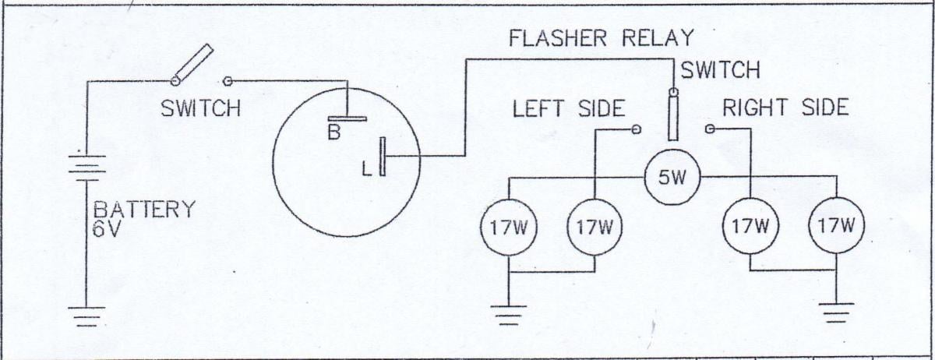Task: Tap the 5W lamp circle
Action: click(x=672, y=178)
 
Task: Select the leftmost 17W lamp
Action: click(x=509, y=227)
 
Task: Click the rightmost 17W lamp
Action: click(x=836, y=227)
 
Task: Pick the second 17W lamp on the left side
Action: click(x=595, y=227)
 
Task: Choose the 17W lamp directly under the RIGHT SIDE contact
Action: click(x=750, y=227)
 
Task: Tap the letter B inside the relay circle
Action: click(x=333, y=133)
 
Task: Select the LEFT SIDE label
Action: click(x=568, y=108)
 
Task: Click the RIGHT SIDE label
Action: click(x=785, y=108)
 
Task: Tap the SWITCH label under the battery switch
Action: click(x=200, y=108)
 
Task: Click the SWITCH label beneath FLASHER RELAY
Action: click(x=720, y=71)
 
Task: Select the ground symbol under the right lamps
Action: click(x=836, y=312)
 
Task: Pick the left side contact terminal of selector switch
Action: click(x=637, y=129)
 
